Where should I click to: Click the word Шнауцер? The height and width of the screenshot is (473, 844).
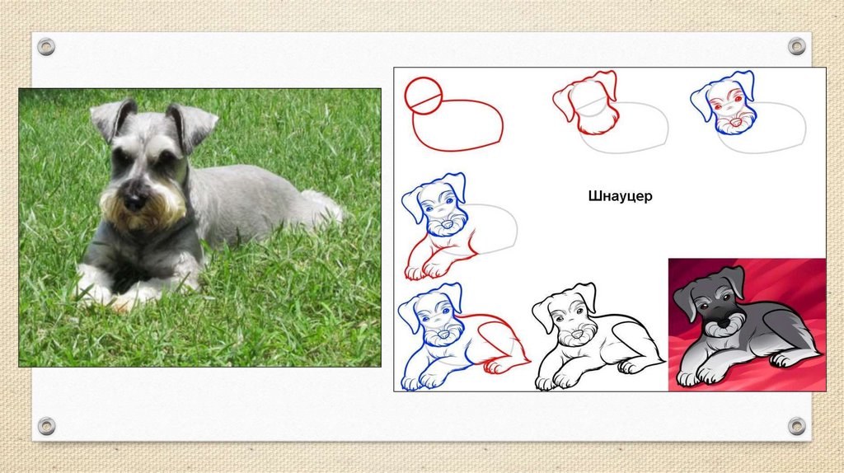(620, 196)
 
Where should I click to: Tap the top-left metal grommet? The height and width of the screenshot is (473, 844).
(46, 47)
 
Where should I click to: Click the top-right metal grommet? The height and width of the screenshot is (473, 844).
(797, 47)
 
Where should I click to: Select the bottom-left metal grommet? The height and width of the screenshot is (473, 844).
(46, 426)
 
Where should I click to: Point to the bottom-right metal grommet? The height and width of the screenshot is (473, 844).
(797, 426)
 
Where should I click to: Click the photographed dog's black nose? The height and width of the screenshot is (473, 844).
(134, 202)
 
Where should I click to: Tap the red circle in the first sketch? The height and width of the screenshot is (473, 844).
(424, 96)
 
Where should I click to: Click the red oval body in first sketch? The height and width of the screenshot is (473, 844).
(457, 124)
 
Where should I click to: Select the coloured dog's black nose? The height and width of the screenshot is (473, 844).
(722, 322)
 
